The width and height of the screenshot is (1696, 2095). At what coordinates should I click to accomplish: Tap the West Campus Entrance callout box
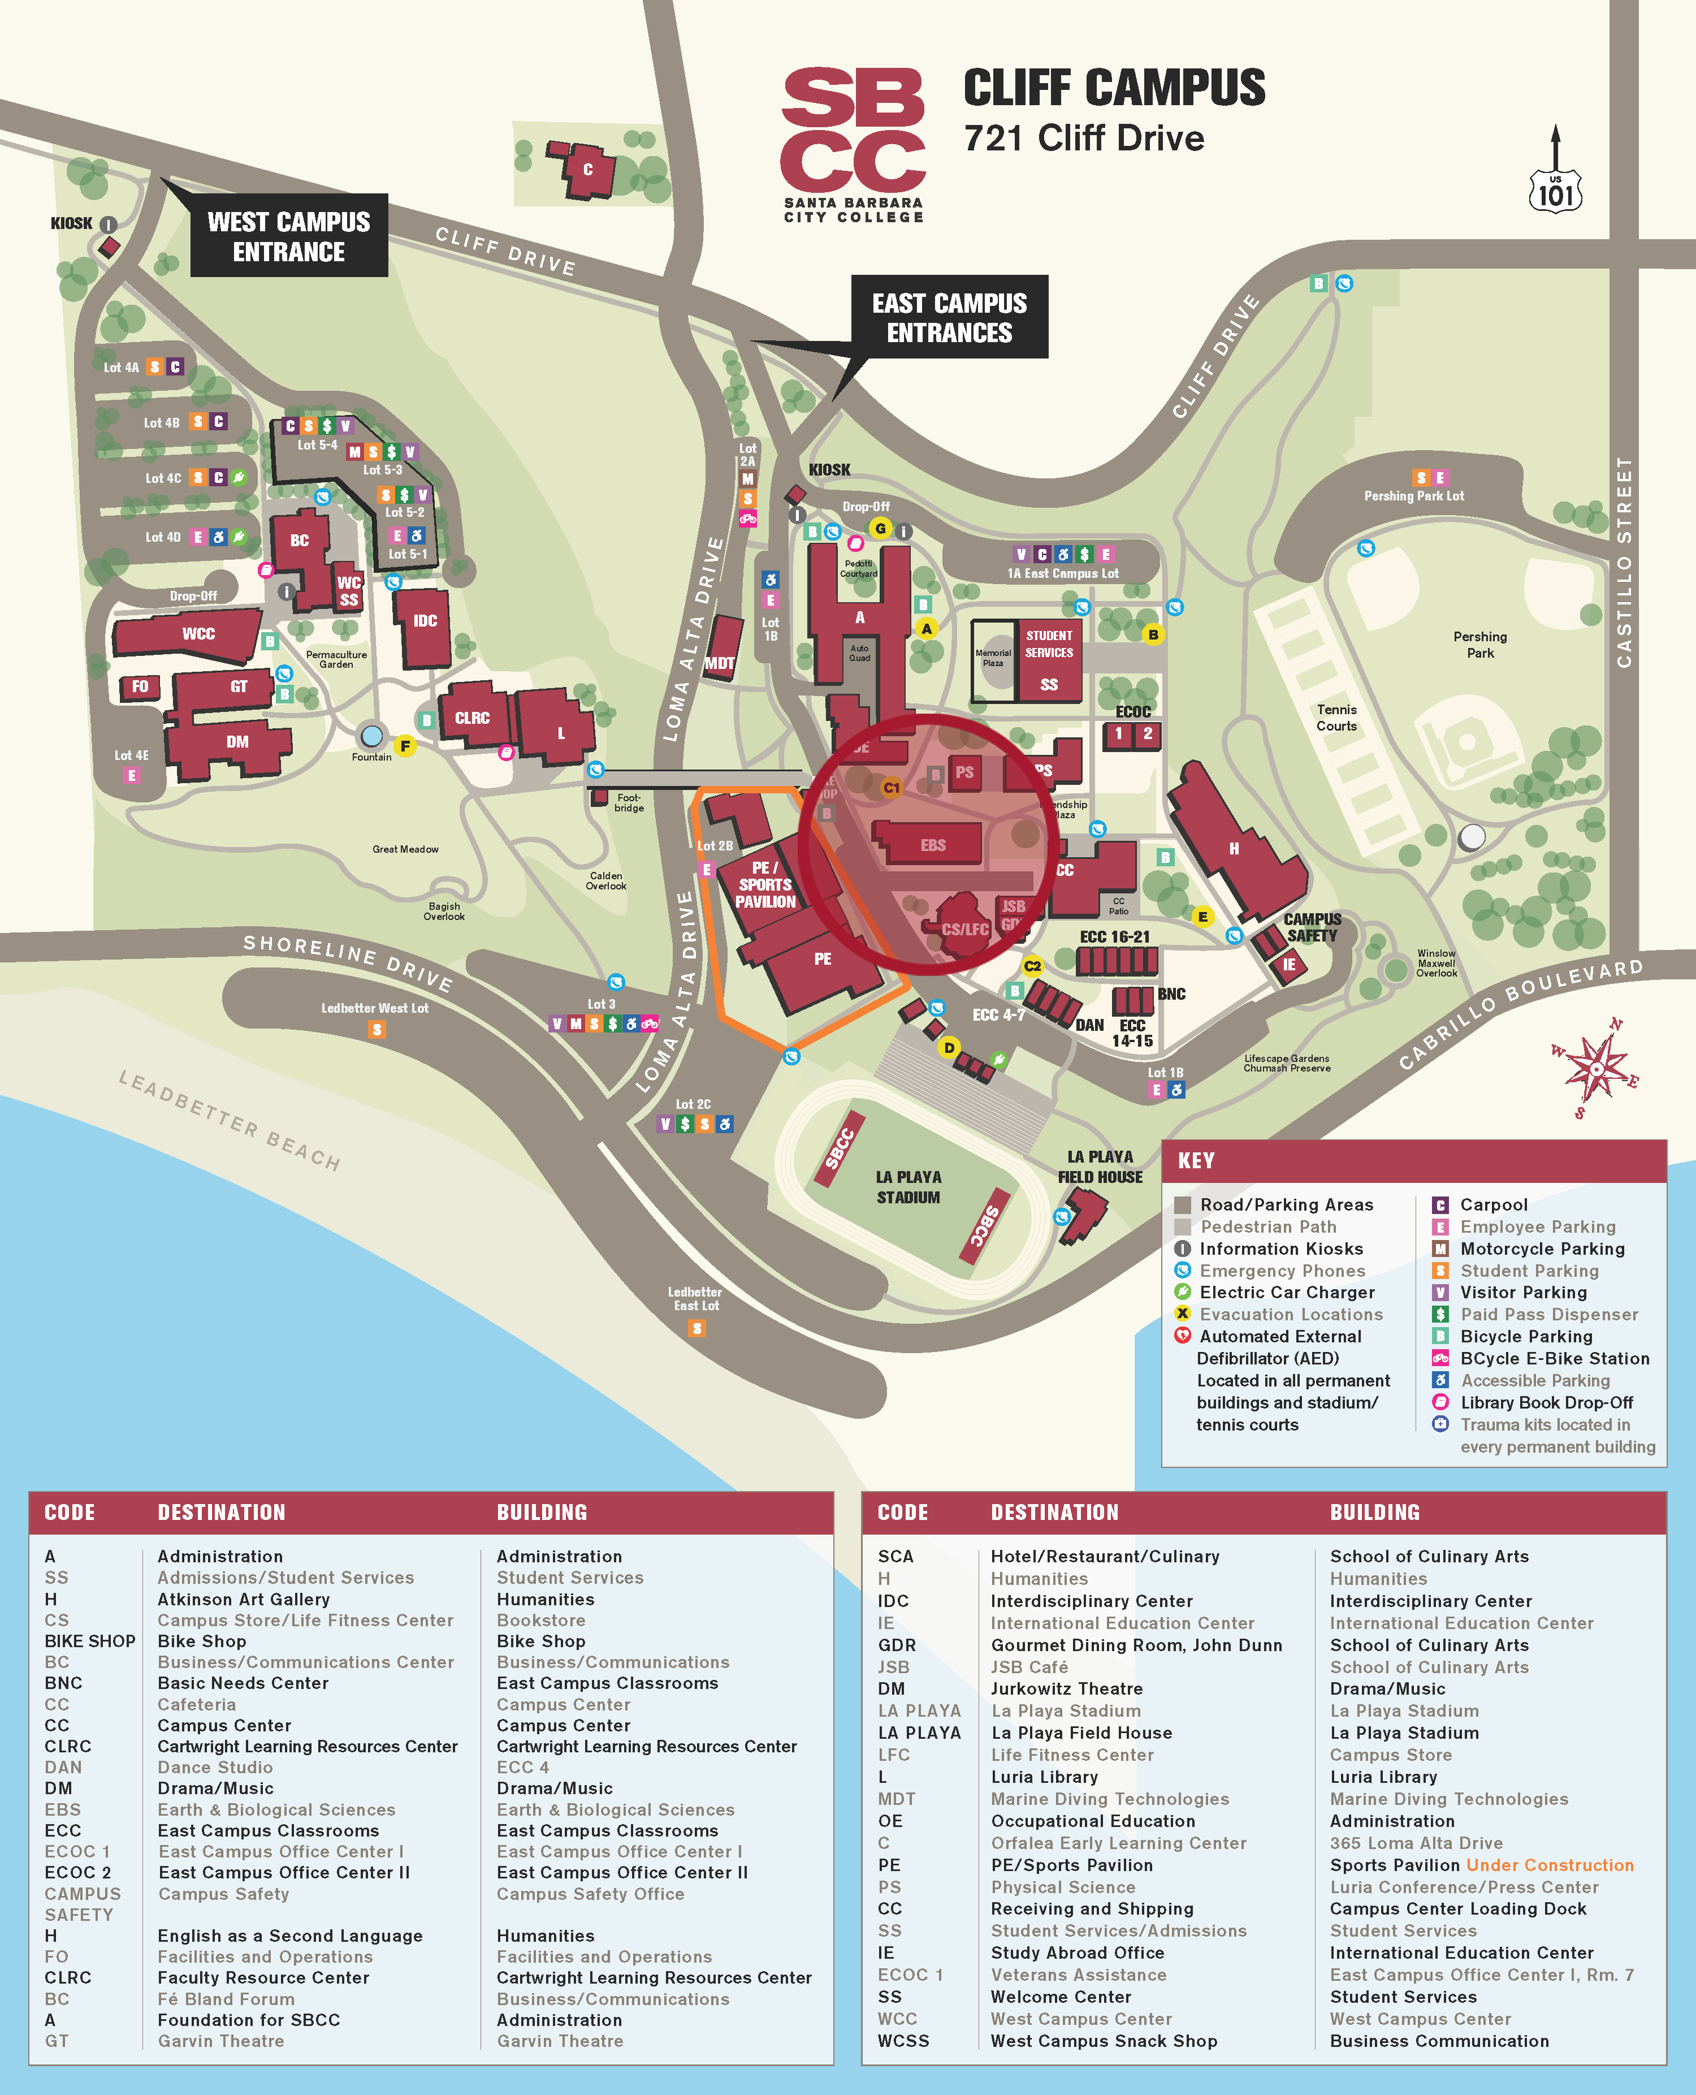[x=289, y=236]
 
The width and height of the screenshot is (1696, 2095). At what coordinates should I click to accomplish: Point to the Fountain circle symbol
[x=371, y=735]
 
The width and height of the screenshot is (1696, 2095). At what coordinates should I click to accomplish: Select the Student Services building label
[x=1049, y=645]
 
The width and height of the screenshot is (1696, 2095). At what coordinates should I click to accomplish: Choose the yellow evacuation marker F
[x=404, y=746]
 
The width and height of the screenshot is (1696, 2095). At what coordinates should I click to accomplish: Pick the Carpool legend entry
[x=1493, y=1205]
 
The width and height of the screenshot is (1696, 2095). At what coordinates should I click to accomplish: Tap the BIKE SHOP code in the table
[x=90, y=1642]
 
